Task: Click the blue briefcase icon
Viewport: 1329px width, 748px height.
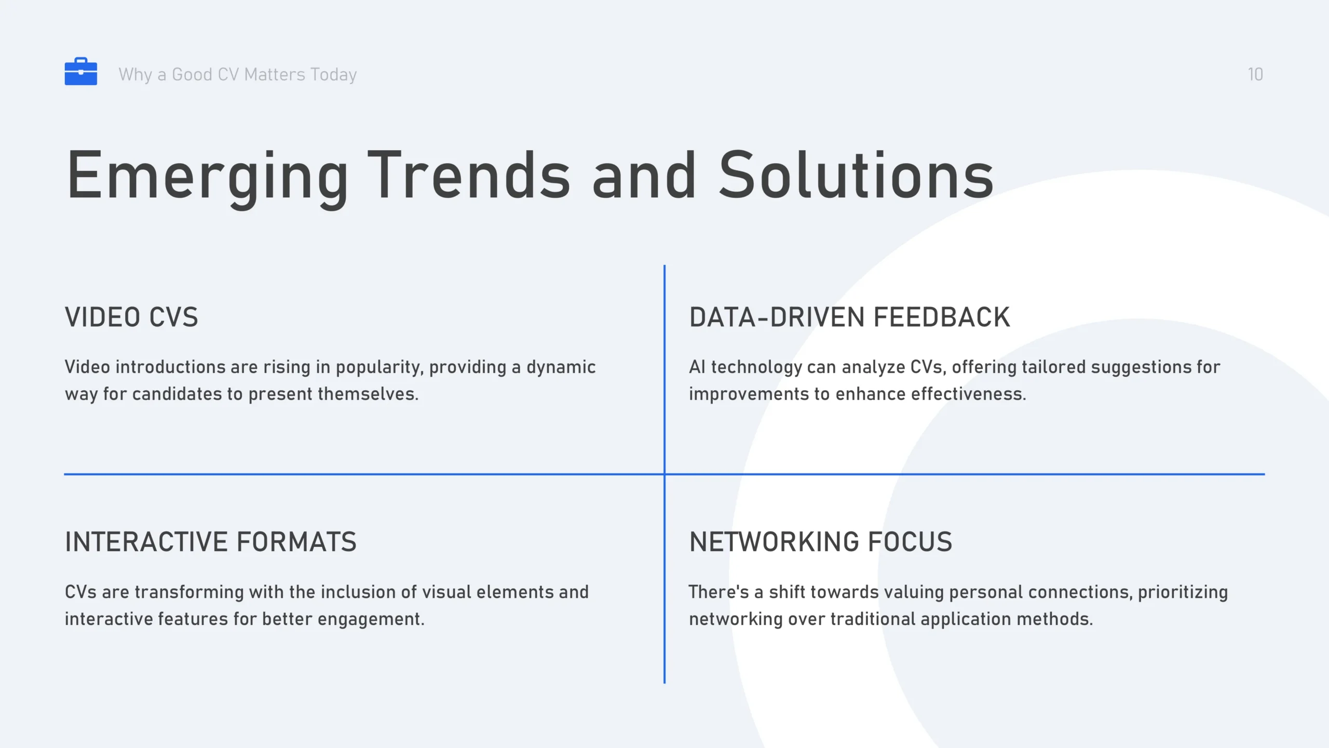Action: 81,71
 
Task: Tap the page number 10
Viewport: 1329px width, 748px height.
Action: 1255,74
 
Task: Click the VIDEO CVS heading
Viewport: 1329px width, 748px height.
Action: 131,317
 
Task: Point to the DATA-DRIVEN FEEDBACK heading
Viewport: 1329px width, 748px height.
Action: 850,317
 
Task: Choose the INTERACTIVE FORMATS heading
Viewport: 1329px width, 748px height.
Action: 211,542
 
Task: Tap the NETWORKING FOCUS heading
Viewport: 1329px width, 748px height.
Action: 821,542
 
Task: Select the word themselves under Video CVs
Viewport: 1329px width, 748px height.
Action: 368,394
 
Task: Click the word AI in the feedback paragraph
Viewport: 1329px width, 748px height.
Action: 697,367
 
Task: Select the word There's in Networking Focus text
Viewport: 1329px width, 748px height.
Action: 718,592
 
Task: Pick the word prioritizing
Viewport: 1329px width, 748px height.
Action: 1183,593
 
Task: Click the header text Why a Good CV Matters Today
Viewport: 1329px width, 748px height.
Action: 238,75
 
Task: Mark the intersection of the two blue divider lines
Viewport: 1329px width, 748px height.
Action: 664,474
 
